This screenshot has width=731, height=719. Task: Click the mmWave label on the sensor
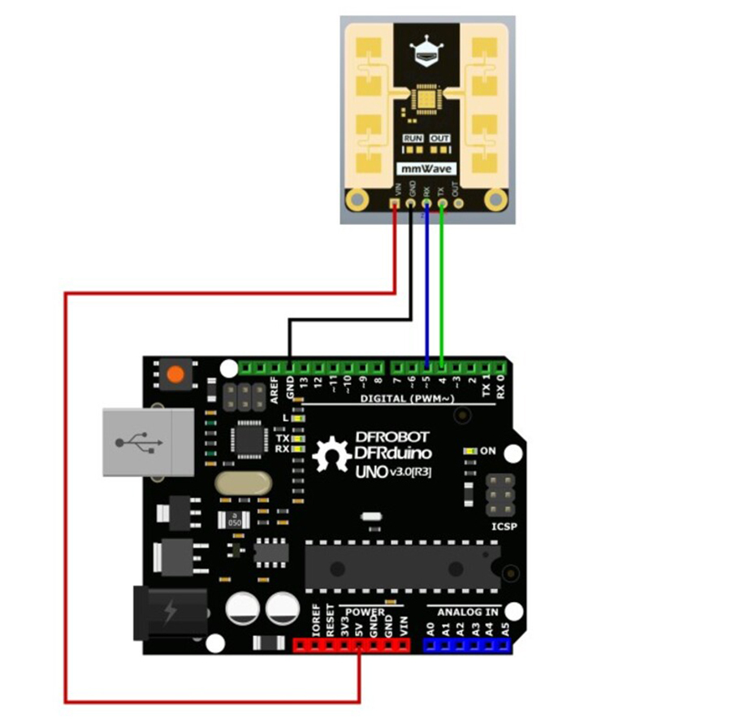pyautogui.click(x=426, y=169)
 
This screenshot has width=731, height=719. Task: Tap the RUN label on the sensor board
pyautogui.click(x=413, y=138)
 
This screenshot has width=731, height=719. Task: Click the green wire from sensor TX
pyautogui.click(x=441, y=284)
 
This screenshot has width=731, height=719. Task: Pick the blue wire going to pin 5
pyautogui.click(x=426, y=284)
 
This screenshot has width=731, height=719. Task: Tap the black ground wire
pyautogui.click(x=349, y=319)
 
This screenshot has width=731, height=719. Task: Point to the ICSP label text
pyautogui.click(x=504, y=525)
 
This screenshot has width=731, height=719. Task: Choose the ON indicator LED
pyautogui.click(x=469, y=450)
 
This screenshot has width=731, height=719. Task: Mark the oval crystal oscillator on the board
pyautogui.click(x=241, y=483)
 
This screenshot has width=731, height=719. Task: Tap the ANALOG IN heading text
pyautogui.click(x=469, y=611)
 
